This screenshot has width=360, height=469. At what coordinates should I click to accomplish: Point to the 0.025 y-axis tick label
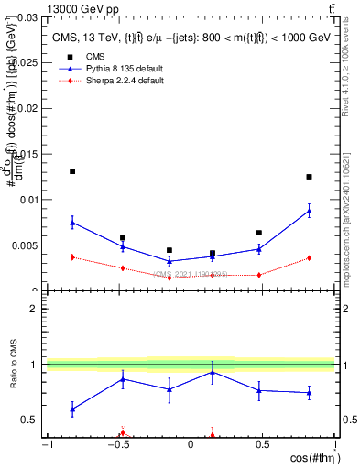[25, 62]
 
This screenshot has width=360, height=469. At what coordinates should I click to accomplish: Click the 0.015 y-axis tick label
[25, 154]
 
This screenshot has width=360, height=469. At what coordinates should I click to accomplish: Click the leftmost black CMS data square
[72, 171]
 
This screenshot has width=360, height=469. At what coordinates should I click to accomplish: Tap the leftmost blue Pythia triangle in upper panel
[72, 222]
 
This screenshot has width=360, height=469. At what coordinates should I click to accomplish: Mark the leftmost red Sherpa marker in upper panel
[72, 256]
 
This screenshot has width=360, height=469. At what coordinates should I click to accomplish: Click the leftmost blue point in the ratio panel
[72, 409]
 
